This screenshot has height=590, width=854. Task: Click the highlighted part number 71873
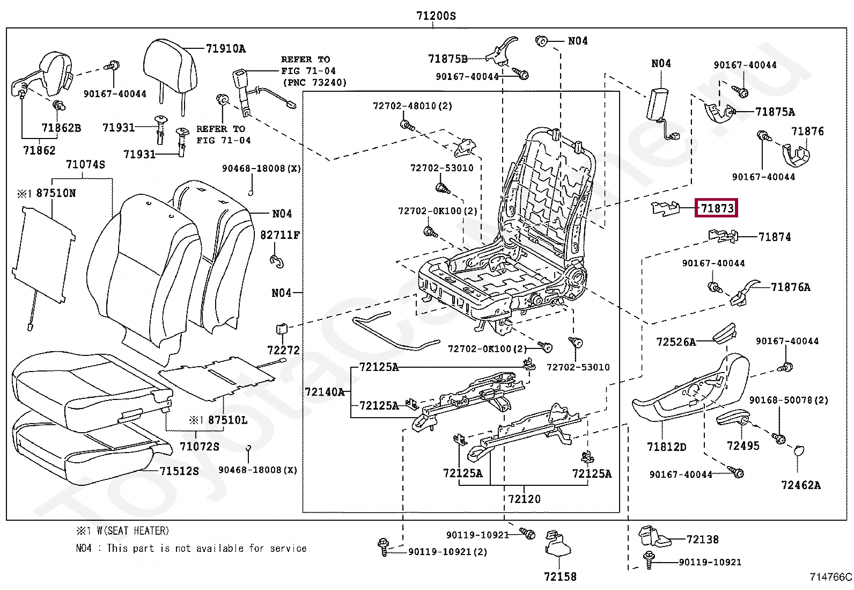click(x=717, y=208)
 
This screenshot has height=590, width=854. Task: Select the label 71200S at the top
click(x=436, y=16)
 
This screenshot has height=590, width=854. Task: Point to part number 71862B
click(x=61, y=128)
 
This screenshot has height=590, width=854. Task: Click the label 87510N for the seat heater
click(x=56, y=193)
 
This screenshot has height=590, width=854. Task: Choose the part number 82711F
click(x=280, y=235)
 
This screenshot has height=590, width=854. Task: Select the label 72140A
click(x=325, y=392)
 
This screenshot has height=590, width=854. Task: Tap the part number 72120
click(x=524, y=499)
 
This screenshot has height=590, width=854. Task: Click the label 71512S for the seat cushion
click(x=179, y=471)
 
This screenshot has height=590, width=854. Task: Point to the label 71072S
click(x=199, y=447)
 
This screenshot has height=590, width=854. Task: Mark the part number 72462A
click(x=801, y=485)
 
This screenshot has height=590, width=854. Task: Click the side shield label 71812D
click(x=666, y=447)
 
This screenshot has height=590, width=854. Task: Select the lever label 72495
click(x=743, y=446)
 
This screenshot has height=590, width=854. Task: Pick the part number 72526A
click(x=676, y=342)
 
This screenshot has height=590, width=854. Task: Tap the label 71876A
click(x=790, y=287)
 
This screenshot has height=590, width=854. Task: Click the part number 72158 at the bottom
click(x=560, y=577)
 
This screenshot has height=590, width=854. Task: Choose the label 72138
click(x=702, y=540)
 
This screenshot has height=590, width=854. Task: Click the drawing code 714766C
click(x=830, y=578)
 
